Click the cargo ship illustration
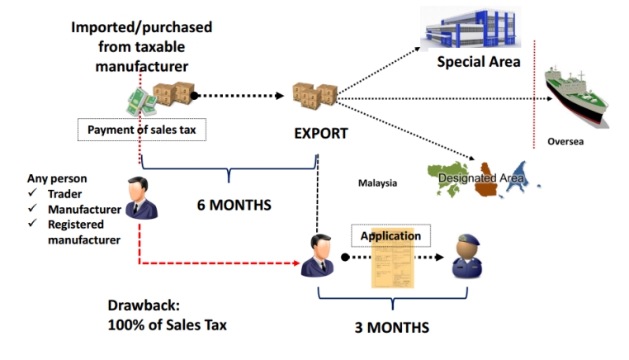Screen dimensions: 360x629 click(577, 95)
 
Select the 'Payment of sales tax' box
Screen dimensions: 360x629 click(141, 130)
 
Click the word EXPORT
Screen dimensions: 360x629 click(321, 132)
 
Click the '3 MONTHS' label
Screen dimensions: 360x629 click(391, 327)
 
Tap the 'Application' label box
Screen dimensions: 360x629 click(390, 236)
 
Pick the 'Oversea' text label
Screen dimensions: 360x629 click(565, 141)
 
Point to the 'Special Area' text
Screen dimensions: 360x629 click(479, 62)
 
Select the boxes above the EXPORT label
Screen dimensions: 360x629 click(315, 93)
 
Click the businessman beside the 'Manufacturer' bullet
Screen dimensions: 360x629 click(142, 198)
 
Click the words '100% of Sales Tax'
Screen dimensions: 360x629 click(167, 324)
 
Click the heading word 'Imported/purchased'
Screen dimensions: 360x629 click(141, 27)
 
